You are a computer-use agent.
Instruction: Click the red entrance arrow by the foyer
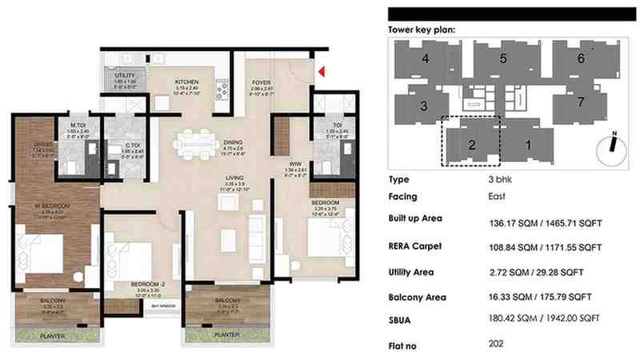tap(320, 73)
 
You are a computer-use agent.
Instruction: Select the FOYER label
tap(261, 82)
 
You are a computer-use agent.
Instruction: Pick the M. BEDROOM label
tap(54, 206)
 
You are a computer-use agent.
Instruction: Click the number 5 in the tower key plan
tap(503, 58)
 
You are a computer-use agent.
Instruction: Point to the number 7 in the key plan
tap(582, 102)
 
